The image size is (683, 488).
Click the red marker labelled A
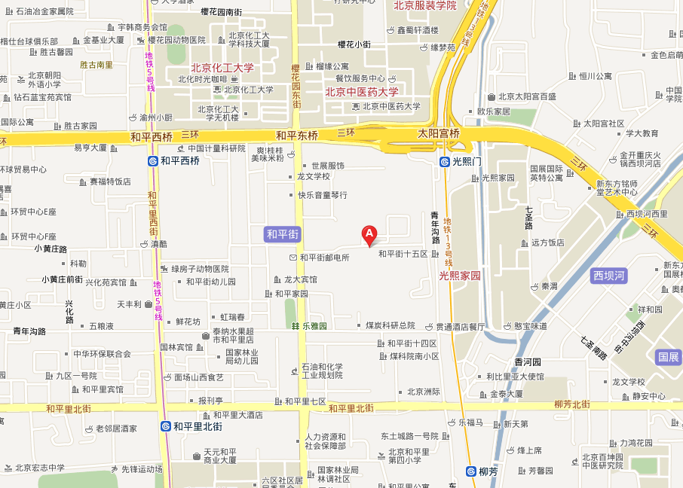[369, 235]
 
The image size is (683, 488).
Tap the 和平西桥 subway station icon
[152, 160]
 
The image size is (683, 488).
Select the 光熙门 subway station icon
[446, 162]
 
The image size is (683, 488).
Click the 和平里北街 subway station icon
[165, 426]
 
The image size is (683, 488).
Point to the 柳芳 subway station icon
[470, 472]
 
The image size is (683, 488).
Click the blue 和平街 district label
[283, 235]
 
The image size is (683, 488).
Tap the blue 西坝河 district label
[609, 276]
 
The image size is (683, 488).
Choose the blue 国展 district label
[669, 357]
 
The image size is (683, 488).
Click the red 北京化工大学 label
[222, 68]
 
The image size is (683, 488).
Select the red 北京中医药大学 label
[362, 92]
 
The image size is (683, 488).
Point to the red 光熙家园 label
[460, 276]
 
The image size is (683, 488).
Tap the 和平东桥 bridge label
[297, 136]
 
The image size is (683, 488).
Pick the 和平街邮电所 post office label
[325, 258]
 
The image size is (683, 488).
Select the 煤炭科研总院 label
[391, 325]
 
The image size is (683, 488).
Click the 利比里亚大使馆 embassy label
[515, 376]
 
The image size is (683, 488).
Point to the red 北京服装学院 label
[425, 5]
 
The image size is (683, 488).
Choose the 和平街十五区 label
[403, 254]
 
